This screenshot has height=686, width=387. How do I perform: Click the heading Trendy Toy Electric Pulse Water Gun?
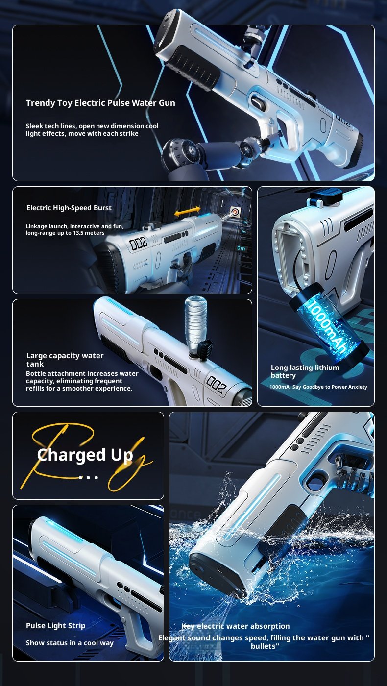point(100,103)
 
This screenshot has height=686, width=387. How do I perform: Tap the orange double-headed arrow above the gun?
point(187,212)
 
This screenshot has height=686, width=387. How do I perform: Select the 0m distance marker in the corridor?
point(241,248)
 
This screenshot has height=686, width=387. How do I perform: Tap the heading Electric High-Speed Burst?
point(69,208)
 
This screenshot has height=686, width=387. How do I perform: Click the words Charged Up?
point(85,455)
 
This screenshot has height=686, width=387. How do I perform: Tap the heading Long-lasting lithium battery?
point(305,371)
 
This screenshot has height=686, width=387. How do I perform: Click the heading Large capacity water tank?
point(65,360)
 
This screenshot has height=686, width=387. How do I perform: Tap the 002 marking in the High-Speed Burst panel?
point(138,243)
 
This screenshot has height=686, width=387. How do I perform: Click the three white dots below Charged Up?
point(89,477)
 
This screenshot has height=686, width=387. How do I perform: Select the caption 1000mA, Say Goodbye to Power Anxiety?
point(318,387)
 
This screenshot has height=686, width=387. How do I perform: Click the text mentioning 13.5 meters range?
point(74,230)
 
